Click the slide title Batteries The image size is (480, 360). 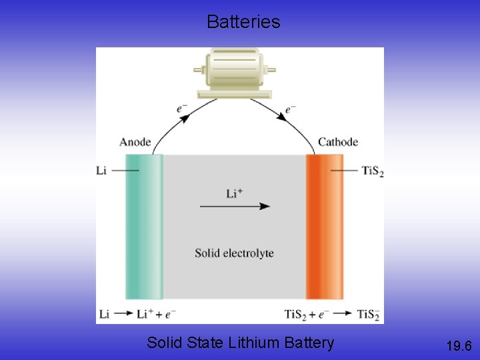click(243, 22)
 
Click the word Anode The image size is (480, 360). click(135, 142)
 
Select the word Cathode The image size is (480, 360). click(337, 142)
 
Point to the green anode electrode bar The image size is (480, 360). click(143, 227)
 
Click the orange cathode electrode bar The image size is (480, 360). click(324, 227)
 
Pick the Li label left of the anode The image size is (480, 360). click(101, 171)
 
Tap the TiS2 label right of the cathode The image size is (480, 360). click(372, 171)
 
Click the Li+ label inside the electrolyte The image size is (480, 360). click(234, 193)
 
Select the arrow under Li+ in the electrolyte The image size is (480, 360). click(235, 207)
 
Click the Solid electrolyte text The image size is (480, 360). click(234, 253)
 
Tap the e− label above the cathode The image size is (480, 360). click(290, 109)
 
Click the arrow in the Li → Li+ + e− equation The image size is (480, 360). click(124, 314)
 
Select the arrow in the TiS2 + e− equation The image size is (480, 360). click(343, 314)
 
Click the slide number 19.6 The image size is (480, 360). click(459, 345)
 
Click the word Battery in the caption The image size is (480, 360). click(309, 343)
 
